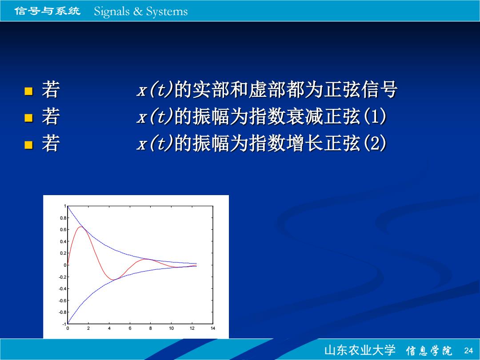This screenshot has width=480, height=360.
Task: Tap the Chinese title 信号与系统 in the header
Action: tap(48, 11)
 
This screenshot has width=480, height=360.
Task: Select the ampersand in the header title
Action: tap(138, 11)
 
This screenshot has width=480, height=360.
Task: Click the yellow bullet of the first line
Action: tap(28, 91)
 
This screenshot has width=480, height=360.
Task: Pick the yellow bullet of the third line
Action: tap(28, 144)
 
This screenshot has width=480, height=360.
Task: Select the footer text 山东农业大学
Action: tap(360, 350)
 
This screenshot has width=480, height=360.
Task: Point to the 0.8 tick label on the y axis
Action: tap(63, 218)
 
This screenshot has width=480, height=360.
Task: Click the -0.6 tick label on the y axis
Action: tap(63, 300)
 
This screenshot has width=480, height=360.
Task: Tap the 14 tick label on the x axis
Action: tap(213, 328)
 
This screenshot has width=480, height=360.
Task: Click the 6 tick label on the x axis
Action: tap(130, 328)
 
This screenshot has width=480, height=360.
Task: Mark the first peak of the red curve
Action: tap(80, 227)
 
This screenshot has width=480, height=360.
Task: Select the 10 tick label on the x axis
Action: tap(172, 328)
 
